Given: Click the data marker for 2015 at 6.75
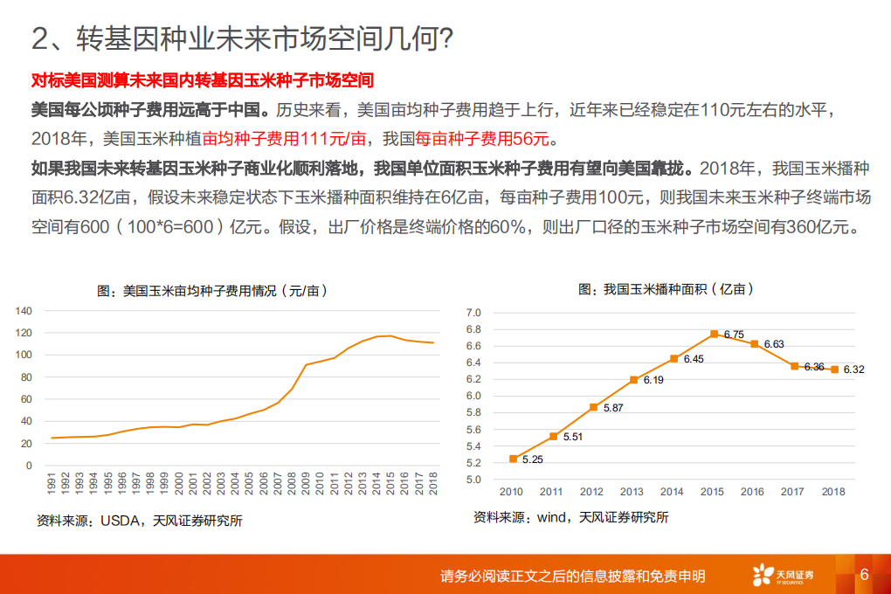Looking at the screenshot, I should coord(714,334).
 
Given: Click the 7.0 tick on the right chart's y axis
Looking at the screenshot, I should coord(473,313).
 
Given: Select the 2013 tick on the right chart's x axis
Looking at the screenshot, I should coord(633,492).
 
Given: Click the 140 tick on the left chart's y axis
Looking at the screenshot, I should coord(24,310).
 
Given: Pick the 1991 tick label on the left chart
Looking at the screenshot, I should coord(52,486).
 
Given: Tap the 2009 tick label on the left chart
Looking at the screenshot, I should coord(307,486).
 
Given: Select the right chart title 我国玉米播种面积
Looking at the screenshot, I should coord(666,289).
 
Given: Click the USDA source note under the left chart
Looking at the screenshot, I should coord(139,521).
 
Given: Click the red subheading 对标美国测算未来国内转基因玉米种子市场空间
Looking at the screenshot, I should coord(202,81).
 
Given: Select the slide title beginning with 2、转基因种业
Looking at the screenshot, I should coord(241,38).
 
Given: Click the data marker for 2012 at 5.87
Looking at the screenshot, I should coord(593,407).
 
